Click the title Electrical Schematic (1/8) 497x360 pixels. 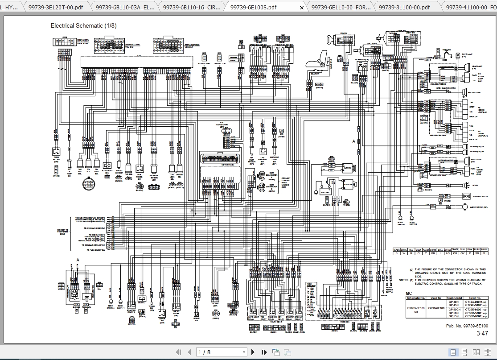pyautogui.click(x=83, y=25)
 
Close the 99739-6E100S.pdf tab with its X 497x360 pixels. pyautogui.click(x=302, y=8)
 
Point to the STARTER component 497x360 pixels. pyautogui.click(x=347, y=184)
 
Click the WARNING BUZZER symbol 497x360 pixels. pyautogui.click(x=467, y=196)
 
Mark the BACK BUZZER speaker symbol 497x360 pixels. pyautogui.click(x=464, y=93)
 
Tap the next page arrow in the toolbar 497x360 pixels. pyautogui.click(x=253, y=352)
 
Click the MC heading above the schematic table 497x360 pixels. pyautogui.click(x=409, y=293)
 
